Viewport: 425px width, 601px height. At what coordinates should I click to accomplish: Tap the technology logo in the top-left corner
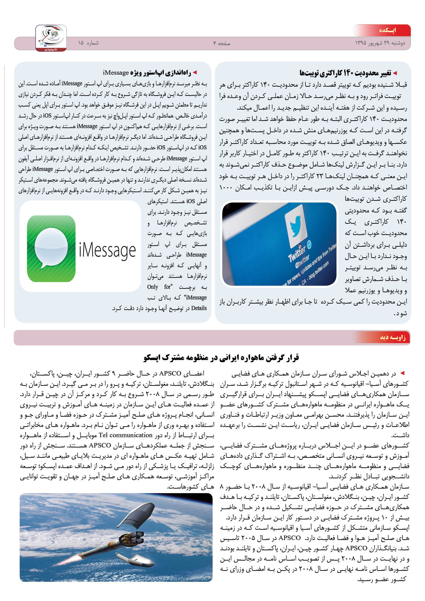tap(51, 38)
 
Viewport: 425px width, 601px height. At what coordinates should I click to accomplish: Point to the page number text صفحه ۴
tap(221, 43)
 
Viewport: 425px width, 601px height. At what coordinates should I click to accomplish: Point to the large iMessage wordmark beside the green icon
tap(107, 250)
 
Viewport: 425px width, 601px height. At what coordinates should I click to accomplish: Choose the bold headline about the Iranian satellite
tap(221, 358)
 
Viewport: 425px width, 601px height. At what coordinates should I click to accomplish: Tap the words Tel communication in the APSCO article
tap(125, 435)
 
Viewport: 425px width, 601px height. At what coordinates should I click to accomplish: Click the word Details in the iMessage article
tap(199, 308)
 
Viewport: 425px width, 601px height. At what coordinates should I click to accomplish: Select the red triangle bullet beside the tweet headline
tap(395, 73)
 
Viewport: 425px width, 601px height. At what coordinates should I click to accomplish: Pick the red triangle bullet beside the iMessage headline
tap(195, 73)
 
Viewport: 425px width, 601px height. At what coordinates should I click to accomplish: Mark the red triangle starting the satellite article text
tap(402, 373)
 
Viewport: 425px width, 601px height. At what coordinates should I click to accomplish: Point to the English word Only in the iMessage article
tap(153, 287)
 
